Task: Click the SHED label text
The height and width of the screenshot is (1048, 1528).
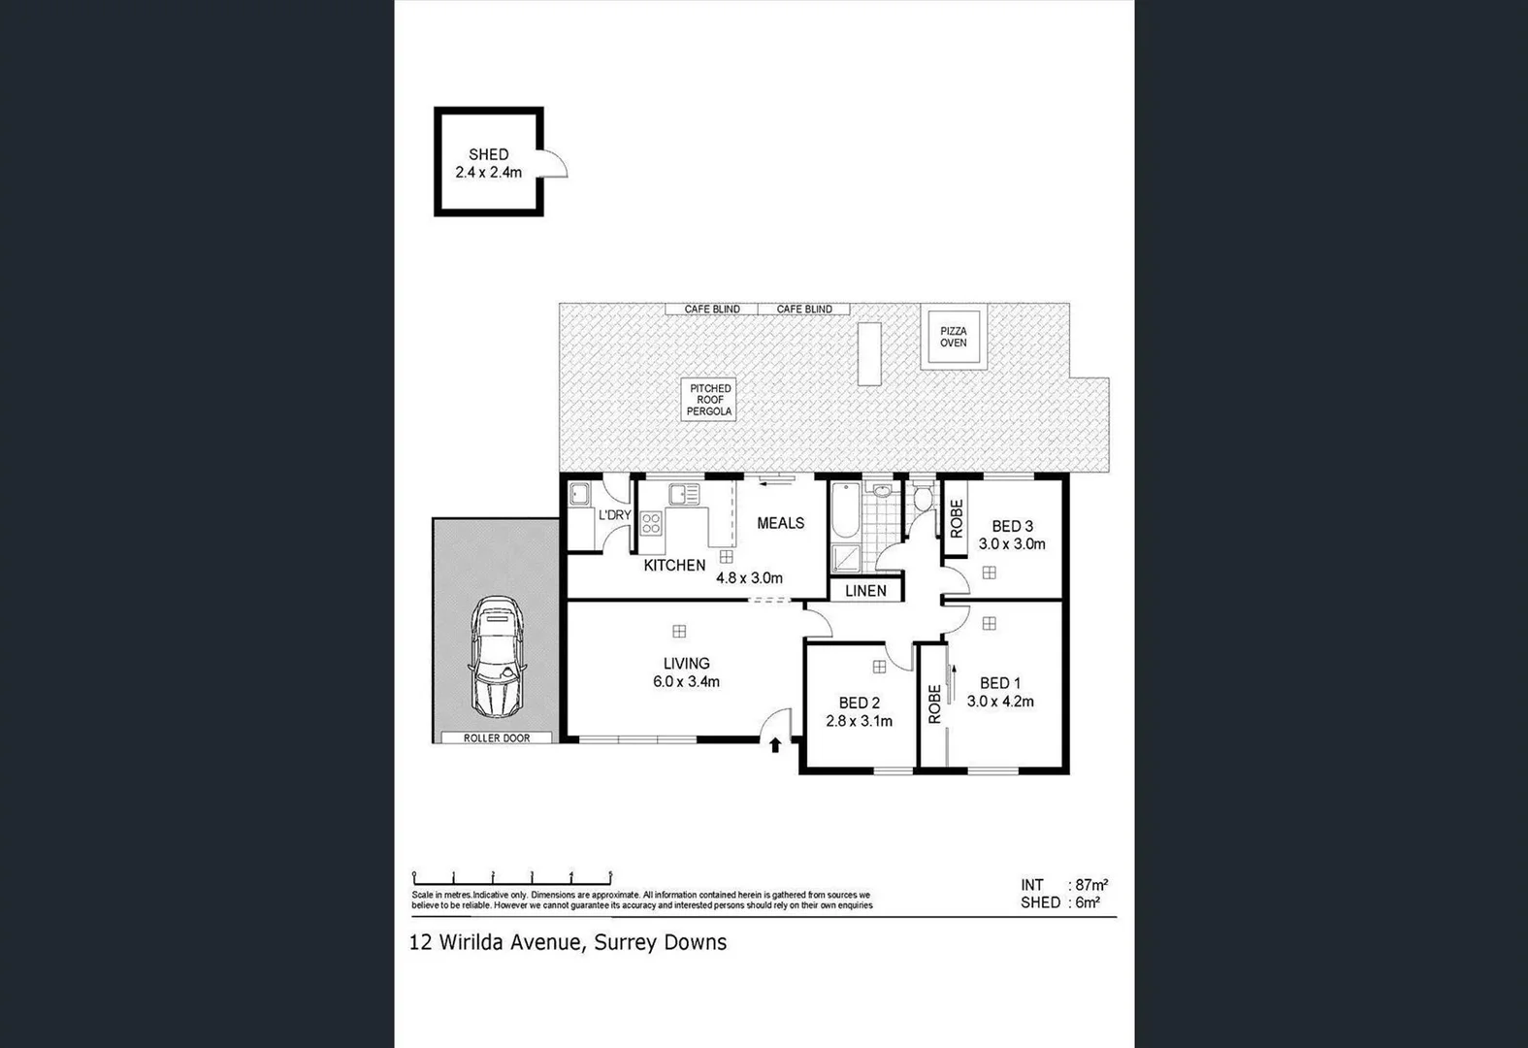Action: [x=488, y=154]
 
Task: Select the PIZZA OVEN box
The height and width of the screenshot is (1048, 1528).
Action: [x=953, y=337]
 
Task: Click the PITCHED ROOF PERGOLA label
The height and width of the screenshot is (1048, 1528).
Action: [x=709, y=400]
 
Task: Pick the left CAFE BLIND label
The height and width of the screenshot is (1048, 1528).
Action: [x=712, y=310]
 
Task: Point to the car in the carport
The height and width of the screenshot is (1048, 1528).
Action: [x=496, y=656]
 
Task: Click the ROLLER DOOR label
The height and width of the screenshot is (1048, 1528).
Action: [x=496, y=738]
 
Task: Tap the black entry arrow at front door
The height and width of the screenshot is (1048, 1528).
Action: [x=774, y=745]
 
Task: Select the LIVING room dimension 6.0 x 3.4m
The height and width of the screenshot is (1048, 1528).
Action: [x=686, y=682]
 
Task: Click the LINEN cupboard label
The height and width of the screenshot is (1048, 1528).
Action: [x=865, y=590]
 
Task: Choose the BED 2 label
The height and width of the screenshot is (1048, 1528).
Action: [x=859, y=704]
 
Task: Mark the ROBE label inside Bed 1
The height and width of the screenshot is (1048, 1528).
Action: [x=934, y=704]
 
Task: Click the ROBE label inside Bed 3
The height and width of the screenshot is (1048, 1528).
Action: [x=957, y=518]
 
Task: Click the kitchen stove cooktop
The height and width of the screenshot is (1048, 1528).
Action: [x=651, y=524]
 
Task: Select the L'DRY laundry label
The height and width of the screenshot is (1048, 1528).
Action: [x=614, y=515]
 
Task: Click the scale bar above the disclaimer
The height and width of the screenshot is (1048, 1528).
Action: [x=511, y=876]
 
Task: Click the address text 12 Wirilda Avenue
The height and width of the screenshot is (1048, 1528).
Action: [x=495, y=942]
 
